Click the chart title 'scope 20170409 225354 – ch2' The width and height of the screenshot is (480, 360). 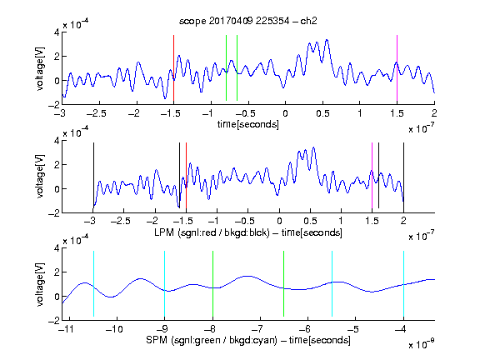248,21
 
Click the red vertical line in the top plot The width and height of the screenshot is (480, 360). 173,68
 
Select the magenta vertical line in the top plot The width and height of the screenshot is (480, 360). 397,68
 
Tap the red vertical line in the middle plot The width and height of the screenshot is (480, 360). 186,175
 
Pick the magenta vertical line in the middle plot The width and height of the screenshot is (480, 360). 372,175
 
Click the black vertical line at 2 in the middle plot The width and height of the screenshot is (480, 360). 403,175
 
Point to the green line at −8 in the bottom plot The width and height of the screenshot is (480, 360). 212,284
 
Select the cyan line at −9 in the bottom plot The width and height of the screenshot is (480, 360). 164,284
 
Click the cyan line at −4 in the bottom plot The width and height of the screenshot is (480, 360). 403,284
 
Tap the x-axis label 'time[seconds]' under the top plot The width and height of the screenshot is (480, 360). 248,124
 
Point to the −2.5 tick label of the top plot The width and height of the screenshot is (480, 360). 97,113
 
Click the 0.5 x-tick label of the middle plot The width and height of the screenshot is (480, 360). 310,221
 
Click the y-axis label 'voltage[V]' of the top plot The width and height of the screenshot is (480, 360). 40,68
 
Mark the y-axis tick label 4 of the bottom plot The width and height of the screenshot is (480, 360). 57,248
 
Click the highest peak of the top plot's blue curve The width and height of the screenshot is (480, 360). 327,40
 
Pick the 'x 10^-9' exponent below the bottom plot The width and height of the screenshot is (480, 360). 422,344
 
